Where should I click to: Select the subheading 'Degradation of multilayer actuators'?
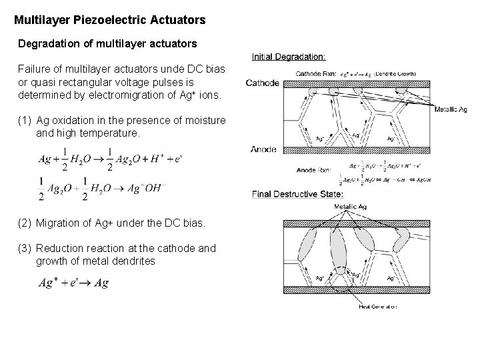click(107, 43)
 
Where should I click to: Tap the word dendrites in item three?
click(133, 261)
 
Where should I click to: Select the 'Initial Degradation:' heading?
click(289, 57)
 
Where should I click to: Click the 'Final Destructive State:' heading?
click(297, 194)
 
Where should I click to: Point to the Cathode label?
click(263, 83)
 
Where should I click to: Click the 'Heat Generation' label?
click(377, 307)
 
